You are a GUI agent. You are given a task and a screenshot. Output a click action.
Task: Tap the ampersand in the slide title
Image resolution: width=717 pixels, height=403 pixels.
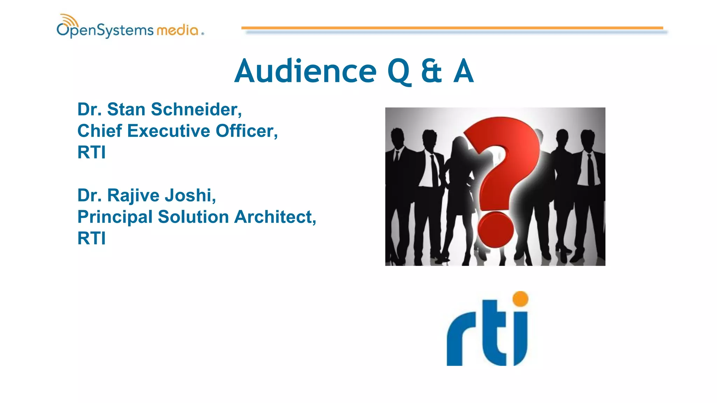point(431,71)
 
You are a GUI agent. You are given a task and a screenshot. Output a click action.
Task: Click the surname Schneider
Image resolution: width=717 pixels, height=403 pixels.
point(196,109)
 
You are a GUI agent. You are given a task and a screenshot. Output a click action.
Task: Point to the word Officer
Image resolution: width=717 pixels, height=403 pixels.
point(246,131)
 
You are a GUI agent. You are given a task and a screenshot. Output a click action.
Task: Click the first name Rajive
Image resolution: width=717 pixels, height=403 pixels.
point(133,196)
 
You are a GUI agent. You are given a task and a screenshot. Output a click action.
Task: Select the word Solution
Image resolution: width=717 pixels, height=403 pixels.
point(193,217)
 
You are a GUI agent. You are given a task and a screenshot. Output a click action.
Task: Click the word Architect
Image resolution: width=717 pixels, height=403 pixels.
point(275,217)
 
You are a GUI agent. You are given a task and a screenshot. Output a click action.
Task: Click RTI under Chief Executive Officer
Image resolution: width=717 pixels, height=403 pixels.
point(91,153)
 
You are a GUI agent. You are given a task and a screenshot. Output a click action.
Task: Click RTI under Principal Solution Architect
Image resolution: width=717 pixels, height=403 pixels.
point(91,239)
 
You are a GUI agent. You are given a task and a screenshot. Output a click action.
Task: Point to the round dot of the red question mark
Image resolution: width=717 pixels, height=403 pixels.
point(495,229)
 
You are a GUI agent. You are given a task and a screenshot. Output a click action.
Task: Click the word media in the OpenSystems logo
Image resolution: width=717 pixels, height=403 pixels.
point(177,30)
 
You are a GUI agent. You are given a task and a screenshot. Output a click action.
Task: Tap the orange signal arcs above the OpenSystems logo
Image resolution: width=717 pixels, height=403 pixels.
point(69,20)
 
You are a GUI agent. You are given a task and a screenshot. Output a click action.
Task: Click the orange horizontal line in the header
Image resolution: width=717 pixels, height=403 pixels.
point(452,28)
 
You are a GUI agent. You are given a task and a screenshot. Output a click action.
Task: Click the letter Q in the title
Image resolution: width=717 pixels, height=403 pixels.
point(399,72)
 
